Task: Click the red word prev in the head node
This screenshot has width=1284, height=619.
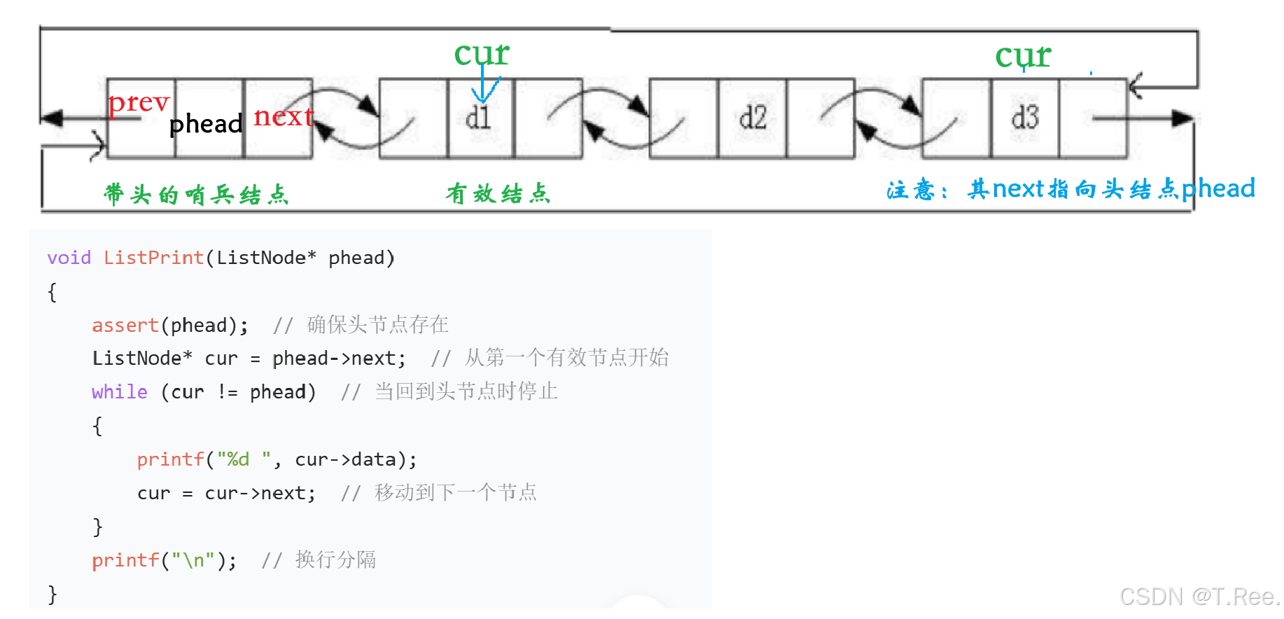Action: (139, 103)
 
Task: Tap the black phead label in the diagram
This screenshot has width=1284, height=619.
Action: (206, 124)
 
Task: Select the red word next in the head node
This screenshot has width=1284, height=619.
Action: (283, 116)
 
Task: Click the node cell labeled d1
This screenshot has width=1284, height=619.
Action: (479, 118)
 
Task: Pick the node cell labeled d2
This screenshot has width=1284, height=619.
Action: (753, 118)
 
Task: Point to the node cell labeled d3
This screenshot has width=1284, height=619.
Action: (1025, 118)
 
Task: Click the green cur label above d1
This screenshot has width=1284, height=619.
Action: (482, 53)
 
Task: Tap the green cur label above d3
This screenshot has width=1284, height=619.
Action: (1023, 55)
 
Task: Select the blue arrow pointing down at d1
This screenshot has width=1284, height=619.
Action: (484, 88)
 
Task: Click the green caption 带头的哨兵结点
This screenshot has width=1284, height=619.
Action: (196, 194)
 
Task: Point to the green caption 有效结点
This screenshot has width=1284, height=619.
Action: (498, 193)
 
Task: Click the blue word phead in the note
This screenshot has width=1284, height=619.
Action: (1218, 188)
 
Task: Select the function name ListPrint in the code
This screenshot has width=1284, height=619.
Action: (153, 258)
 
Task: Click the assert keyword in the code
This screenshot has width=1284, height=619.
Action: (125, 325)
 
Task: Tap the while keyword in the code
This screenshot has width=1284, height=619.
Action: (119, 392)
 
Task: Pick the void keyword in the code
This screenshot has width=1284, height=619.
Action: (69, 258)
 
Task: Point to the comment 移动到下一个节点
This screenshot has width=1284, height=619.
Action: (455, 493)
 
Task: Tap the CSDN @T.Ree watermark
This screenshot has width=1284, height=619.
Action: (1198, 597)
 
